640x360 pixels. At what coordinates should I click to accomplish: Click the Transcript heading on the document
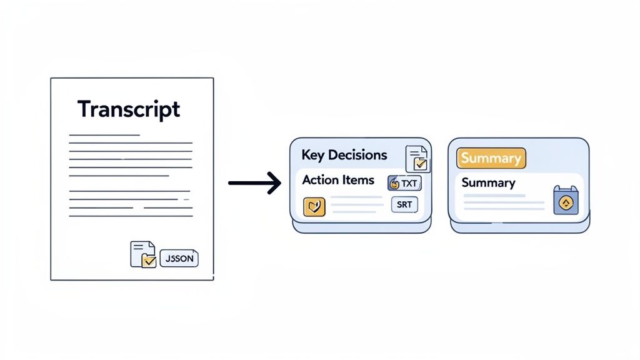pyautogui.click(x=129, y=109)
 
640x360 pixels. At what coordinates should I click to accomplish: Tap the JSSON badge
pyautogui.click(x=179, y=258)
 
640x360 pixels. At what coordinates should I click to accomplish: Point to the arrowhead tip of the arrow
pyautogui.click(x=281, y=183)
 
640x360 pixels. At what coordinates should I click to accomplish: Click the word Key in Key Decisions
pyautogui.click(x=314, y=155)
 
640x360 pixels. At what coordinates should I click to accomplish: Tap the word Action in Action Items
pyautogui.click(x=321, y=180)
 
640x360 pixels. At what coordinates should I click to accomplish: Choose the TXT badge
pyautogui.click(x=405, y=183)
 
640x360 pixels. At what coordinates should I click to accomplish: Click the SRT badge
pyautogui.click(x=404, y=205)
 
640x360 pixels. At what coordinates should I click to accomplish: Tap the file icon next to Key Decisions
pyautogui.click(x=417, y=158)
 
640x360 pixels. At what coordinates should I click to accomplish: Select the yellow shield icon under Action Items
pyautogui.click(x=314, y=207)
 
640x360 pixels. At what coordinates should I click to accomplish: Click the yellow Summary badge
pyautogui.click(x=491, y=158)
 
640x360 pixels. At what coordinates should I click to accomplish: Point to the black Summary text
pyautogui.click(x=488, y=183)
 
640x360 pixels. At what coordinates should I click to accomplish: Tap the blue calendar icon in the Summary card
pyautogui.click(x=566, y=201)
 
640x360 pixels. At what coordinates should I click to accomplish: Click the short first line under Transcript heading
pyautogui.click(x=104, y=134)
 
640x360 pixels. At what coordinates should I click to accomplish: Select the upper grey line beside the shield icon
pyautogui.click(x=356, y=197)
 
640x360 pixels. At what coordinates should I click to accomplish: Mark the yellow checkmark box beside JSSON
pyautogui.click(x=149, y=261)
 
